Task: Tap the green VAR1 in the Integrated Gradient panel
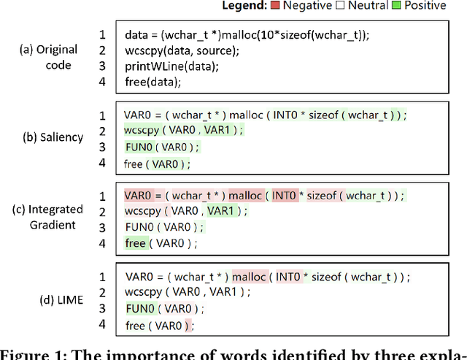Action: (220, 211)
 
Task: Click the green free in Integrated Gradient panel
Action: (135, 243)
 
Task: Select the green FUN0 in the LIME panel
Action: (139, 309)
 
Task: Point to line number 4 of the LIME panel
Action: (102, 324)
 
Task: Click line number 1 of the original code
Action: (102, 34)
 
